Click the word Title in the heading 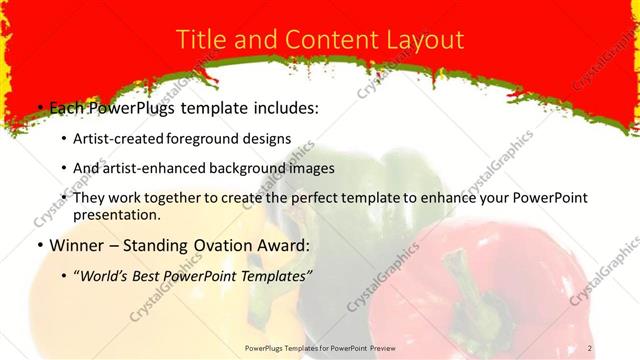point(202,40)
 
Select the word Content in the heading point(316,40)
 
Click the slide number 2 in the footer point(590,347)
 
